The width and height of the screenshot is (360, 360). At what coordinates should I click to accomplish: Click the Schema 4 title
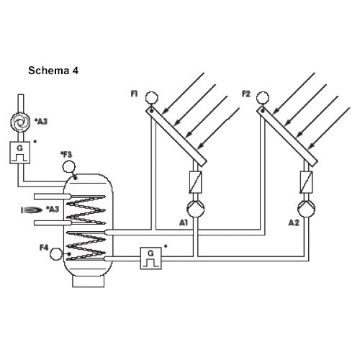53,71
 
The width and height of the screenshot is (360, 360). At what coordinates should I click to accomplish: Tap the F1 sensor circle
152,98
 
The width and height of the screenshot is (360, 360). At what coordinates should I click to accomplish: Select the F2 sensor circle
263,98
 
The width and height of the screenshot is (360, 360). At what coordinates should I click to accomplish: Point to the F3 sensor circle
69,167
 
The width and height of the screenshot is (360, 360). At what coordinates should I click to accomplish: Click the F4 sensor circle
56,254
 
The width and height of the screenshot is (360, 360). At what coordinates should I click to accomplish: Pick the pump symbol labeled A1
196,209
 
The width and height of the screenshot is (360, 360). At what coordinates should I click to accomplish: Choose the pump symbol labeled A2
306,209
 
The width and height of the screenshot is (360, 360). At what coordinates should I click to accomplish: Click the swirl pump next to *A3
21,122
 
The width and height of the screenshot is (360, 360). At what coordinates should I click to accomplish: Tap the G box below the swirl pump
20,153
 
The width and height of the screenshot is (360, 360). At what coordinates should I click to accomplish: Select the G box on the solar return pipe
150,258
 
